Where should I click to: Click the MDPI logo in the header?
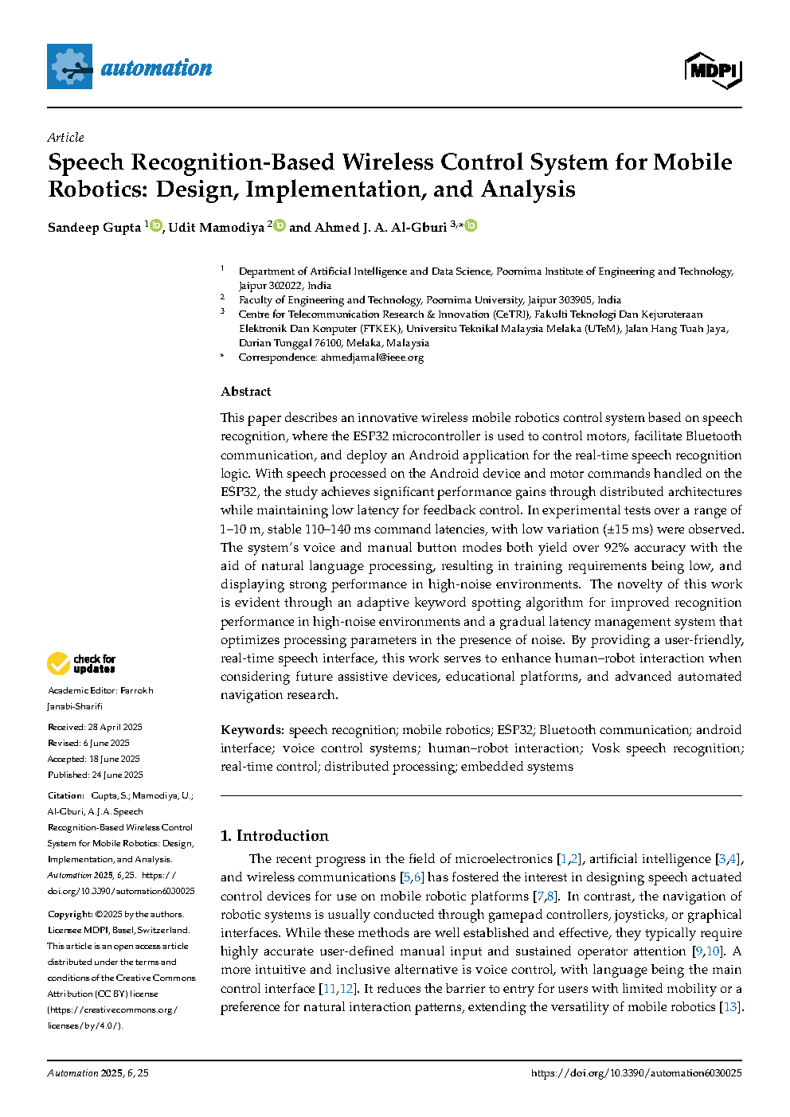(x=713, y=71)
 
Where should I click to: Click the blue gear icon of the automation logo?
(x=70, y=67)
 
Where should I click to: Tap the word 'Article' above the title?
(x=65, y=137)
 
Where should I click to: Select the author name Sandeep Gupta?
(x=94, y=228)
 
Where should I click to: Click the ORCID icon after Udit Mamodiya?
(x=280, y=226)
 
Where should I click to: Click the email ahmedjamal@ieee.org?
(x=372, y=357)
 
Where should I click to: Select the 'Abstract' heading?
(x=245, y=392)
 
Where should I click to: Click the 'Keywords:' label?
(x=252, y=730)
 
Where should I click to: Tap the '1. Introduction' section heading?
(x=274, y=836)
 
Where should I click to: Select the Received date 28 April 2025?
(x=115, y=727)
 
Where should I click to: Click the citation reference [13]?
(x=729, y=1007)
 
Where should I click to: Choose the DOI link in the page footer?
(x=636, y=1073)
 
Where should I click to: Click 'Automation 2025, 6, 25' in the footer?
(x=98, y=1073)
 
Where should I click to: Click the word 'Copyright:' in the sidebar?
(x=70, y=914)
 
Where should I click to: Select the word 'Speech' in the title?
(x=86, y=163)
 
